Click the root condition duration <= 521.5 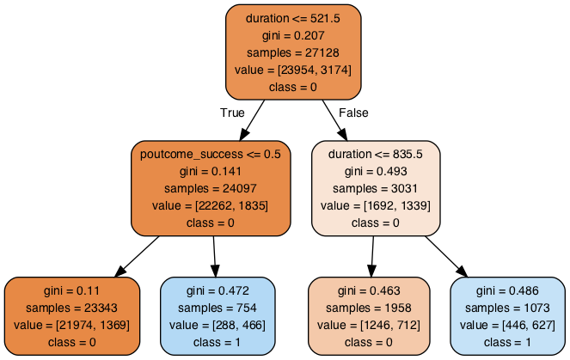292,18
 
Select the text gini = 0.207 292,35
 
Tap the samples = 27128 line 292,52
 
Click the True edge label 232,113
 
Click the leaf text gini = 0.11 71,291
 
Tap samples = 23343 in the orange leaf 71,308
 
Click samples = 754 218,308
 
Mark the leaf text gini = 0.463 368,291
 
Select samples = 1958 368,308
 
